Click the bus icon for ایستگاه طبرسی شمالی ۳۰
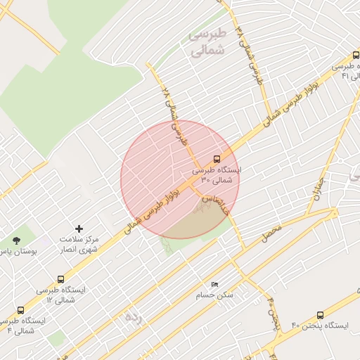tap(216, 159)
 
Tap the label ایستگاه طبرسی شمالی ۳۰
tap(217, 175)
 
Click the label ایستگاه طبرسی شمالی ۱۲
tap(63, 295)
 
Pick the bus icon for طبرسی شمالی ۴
tap(20, 310)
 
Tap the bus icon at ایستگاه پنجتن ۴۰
tap(320, 316)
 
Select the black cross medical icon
tap(79, 229)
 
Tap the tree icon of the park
tap(16, 240)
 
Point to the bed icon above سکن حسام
tap(214, 284)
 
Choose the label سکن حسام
tap(215, 295)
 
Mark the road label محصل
tap(271, 233)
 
